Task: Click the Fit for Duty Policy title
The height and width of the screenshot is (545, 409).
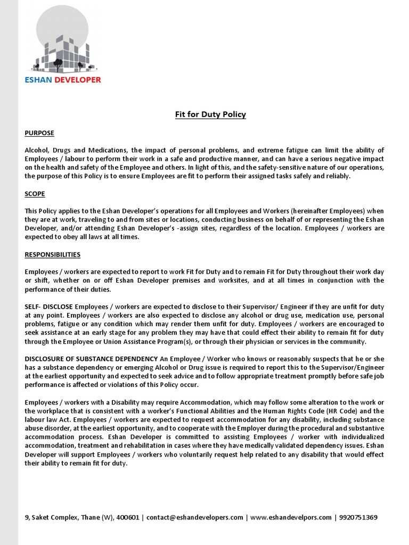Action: [210, 114]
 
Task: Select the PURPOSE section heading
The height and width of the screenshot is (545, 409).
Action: [39, 133]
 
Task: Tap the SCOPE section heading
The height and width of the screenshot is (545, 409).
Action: [35, 194]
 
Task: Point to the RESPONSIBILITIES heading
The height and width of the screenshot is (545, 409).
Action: [53, 254]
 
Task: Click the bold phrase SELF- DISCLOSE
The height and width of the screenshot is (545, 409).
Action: [49, 307]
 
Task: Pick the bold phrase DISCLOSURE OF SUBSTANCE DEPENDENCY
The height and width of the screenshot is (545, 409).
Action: [91, 359]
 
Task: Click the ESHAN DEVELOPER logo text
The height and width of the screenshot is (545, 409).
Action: [63, 80]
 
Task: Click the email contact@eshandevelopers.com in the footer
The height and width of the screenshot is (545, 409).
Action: [195, 517]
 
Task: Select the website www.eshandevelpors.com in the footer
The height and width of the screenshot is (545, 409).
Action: [290, 517]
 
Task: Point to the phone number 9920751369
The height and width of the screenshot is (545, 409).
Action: [358, 517]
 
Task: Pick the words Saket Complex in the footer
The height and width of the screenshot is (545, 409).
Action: [52, 517]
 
